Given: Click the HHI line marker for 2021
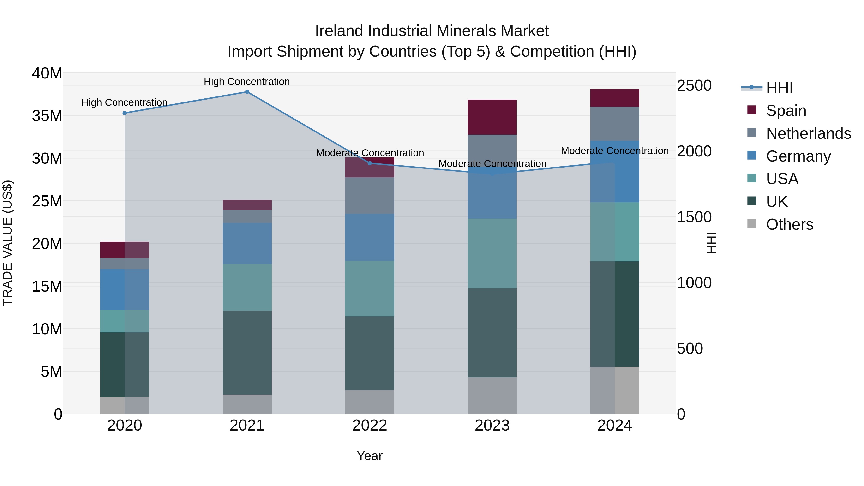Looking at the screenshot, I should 247,92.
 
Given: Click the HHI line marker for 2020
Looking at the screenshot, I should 124,113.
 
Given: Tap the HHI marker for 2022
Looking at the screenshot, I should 370,163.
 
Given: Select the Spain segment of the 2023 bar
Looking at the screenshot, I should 492,117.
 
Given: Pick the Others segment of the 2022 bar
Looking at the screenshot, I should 370,402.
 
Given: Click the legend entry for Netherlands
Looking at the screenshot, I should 808,133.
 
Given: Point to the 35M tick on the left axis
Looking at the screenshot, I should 47,116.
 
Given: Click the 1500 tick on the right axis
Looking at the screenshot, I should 694,217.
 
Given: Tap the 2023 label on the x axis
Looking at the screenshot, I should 492,426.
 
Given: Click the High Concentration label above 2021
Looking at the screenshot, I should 247,82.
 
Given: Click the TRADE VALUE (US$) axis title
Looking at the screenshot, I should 7,243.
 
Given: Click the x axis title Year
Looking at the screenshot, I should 370,456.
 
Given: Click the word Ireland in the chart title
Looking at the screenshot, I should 339,31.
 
